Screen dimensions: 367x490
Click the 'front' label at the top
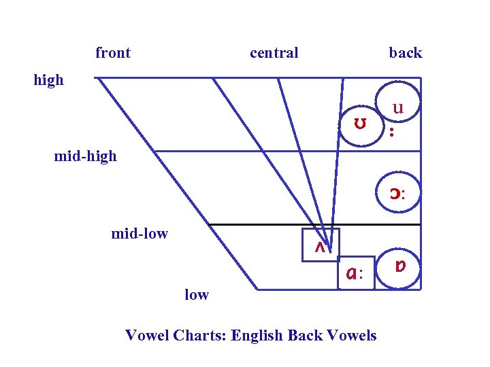point(113,53)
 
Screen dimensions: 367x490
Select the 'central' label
point(274,53)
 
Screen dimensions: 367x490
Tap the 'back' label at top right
point(406,53)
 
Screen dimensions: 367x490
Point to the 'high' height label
point(49,80)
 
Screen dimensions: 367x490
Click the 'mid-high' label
point(86,157)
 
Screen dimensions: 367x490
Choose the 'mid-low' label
point(140,234)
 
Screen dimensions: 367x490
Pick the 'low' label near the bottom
point(197,295)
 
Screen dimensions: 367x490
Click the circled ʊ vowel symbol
point(360,124)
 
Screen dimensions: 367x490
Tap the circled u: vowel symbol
point(397,107)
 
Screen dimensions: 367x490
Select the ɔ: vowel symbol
point(397,194)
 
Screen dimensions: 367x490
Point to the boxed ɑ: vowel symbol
point(355,274)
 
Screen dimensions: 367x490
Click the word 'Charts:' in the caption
point(201,335)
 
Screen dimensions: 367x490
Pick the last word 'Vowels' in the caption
point(352,335)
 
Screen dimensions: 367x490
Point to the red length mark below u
point(391,130)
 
